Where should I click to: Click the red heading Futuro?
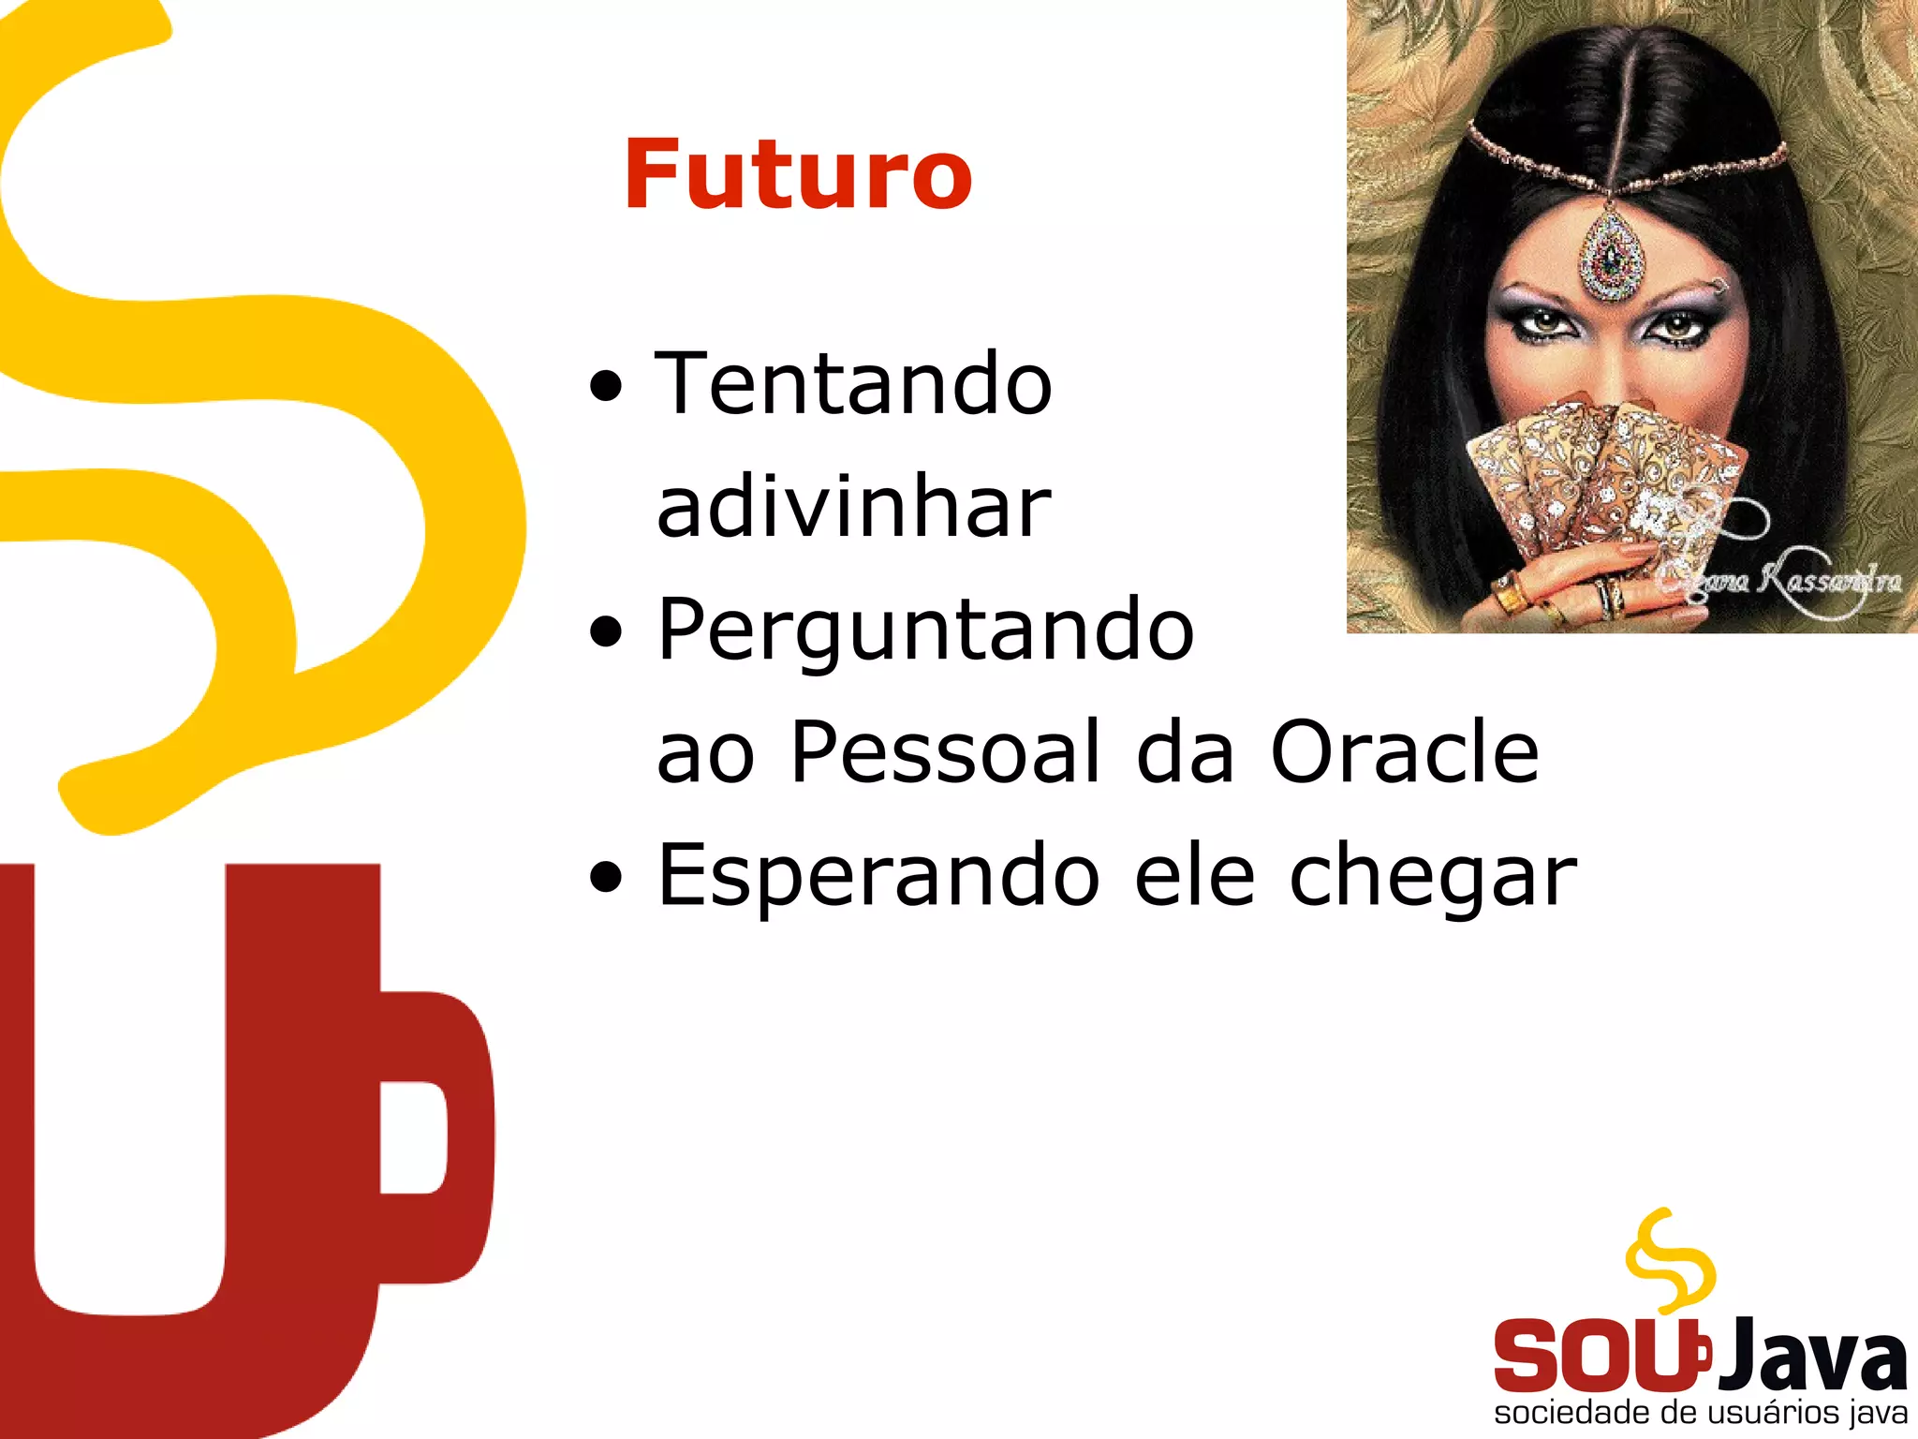click(x=798, y=174)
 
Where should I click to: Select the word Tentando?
click(x=854, y=384)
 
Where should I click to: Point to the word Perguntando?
click(x=925, y=631)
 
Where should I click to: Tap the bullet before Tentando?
click(x=607, y=386)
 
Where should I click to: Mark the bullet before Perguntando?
click(x=607, y=632)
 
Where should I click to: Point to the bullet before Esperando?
click(x=607, y=878)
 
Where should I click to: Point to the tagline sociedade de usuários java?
click(x=1701, y=1413)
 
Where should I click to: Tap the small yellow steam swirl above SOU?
click(x=1671, y=1259)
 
